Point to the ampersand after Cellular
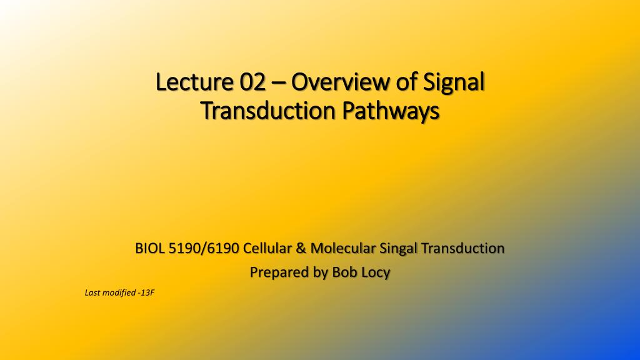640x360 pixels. (x=301, y=249)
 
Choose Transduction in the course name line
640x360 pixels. (x=463, y=249)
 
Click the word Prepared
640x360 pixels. (x=278, y=273)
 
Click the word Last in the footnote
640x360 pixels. (x=91, y=292)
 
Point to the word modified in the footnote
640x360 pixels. (x=119, y=292)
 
